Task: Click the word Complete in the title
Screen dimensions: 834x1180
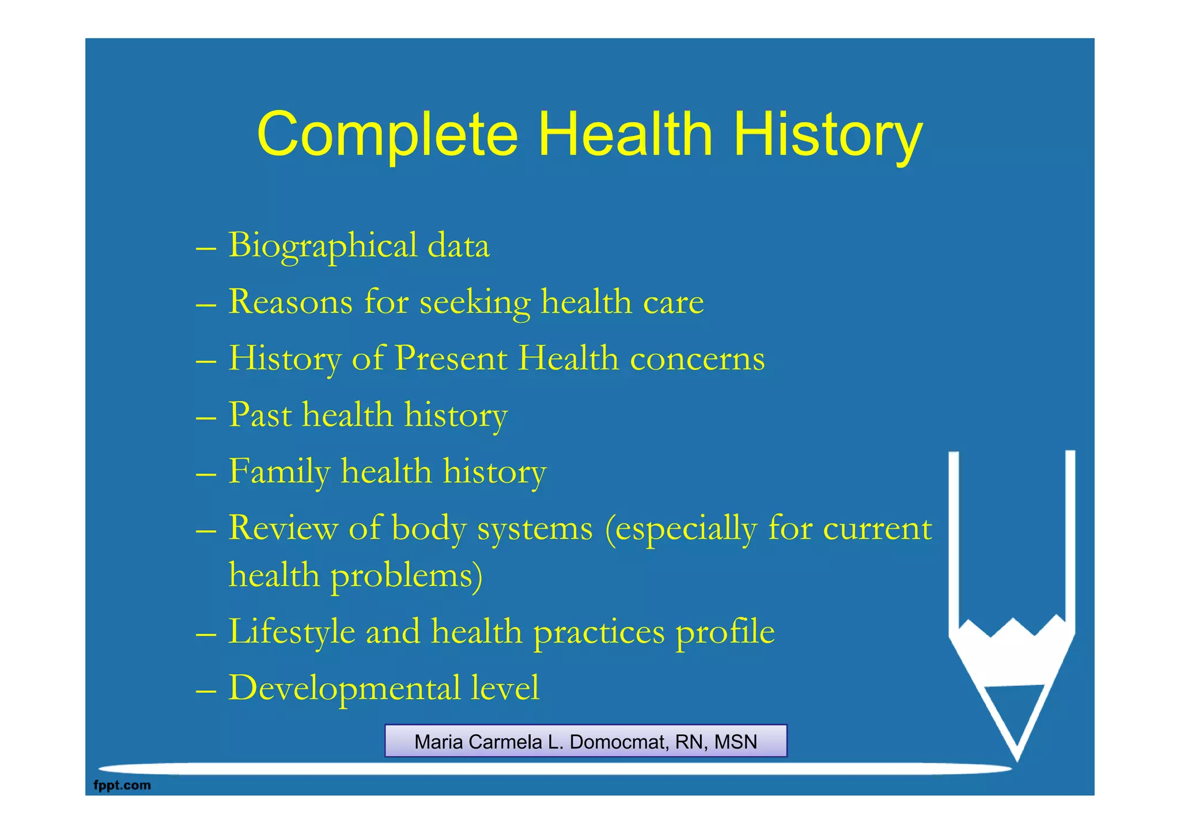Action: (387, 135)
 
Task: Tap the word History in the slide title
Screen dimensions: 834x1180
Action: (827, 135)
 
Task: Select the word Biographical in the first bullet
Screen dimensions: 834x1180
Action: (323, 246)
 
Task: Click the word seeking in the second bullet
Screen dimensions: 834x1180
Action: (475, 303)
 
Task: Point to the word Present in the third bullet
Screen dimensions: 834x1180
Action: (451, 358)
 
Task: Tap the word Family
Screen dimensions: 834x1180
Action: (279, 472)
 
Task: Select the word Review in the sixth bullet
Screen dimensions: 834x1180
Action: (283, 528)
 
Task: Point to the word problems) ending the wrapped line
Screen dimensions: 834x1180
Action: (406, 576)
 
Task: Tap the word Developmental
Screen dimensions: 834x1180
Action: (344, 688)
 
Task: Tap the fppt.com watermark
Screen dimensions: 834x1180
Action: (122, 785)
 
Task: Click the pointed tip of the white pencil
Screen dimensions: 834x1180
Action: (1017, 758)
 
